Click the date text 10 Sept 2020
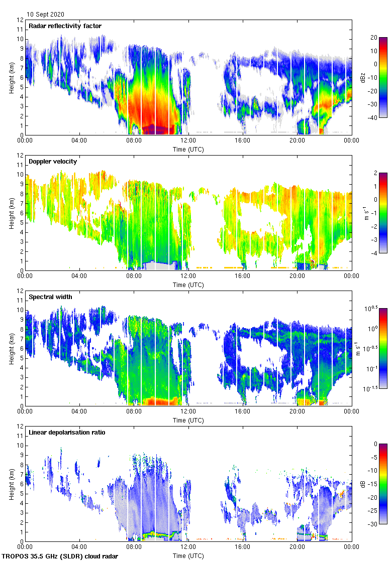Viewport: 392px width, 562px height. tap(46, 15)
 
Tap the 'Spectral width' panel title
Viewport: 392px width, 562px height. tap(50, 297)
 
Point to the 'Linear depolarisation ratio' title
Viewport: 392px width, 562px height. tap(67, 432)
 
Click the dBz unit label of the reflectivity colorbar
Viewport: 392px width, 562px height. tap(363, 78)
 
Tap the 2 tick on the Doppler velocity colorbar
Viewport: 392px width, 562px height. tap(376, 173)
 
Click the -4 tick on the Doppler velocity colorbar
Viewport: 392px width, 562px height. tap(376, 253)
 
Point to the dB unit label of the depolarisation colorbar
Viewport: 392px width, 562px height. tap(363, 484)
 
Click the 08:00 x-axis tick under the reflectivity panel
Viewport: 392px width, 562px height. tap(134, 140)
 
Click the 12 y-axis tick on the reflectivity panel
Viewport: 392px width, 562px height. tap(20, 20)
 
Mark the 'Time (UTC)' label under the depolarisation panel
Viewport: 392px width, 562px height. tap(188, 555)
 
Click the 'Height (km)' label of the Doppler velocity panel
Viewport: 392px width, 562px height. tap(11, 213)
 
